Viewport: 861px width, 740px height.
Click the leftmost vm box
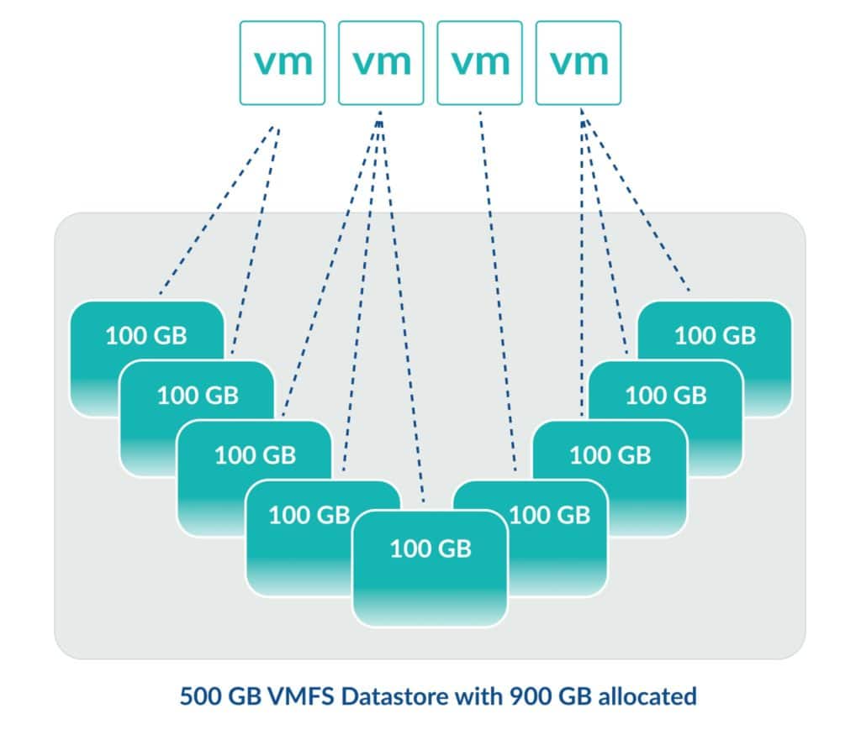point(282,63)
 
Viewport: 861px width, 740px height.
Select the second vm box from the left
point(381,63)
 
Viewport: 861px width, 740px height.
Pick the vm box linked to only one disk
point(479,63)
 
